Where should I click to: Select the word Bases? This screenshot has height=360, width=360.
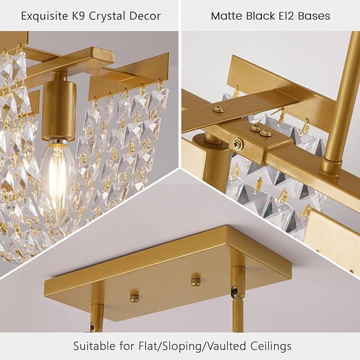[x=317, y=16]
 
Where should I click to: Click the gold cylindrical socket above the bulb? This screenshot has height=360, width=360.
[x=58, y=109]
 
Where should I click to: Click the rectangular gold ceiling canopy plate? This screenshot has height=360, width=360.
[x=170, y=265]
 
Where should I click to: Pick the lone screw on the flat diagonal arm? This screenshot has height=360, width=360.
[x=218, y=110]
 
